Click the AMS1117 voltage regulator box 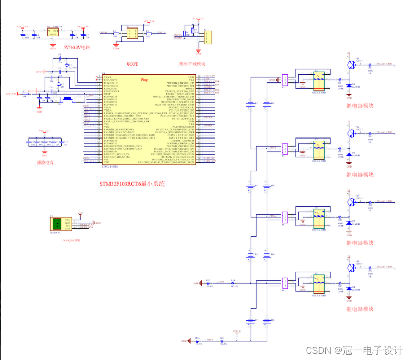(52, 32)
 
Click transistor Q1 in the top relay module (351, 65)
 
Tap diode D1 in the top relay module (349, 87)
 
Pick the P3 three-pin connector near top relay (284, 80)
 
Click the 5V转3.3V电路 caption (76, 47)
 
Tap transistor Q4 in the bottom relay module (351, 268)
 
